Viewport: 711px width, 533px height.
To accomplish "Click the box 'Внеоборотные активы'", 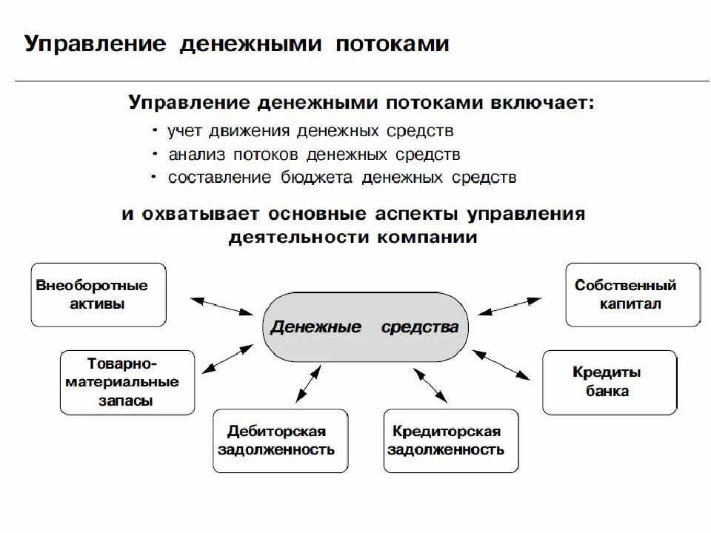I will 99,295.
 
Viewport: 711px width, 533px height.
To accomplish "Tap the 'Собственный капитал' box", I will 632,295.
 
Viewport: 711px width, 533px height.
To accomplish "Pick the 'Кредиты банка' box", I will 609,382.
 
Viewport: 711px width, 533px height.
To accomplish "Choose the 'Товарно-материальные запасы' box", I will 127,382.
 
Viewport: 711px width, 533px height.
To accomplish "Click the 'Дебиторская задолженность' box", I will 280,440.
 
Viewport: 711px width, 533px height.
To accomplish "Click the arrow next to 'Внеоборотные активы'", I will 220,306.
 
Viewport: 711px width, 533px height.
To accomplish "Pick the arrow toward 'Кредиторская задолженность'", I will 427,383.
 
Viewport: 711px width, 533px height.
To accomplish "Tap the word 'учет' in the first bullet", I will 185,132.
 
